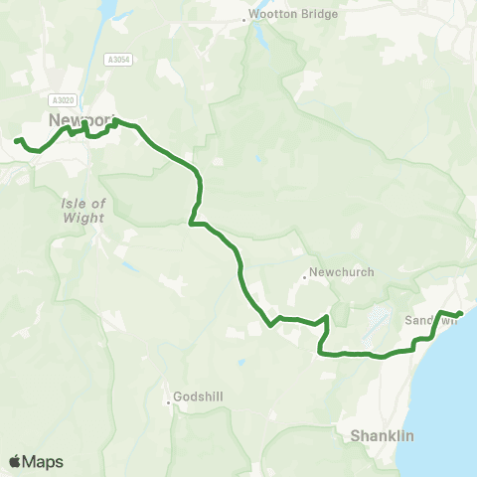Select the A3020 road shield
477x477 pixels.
click(62, 99)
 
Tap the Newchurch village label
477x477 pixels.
click(337, 280)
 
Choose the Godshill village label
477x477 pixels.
click(203, 397)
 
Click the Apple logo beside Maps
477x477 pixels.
click(16, 461)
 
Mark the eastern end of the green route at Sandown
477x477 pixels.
click(460, 315)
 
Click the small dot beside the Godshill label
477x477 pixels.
click(168, 401)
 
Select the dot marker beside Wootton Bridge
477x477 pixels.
click(245, 19)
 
